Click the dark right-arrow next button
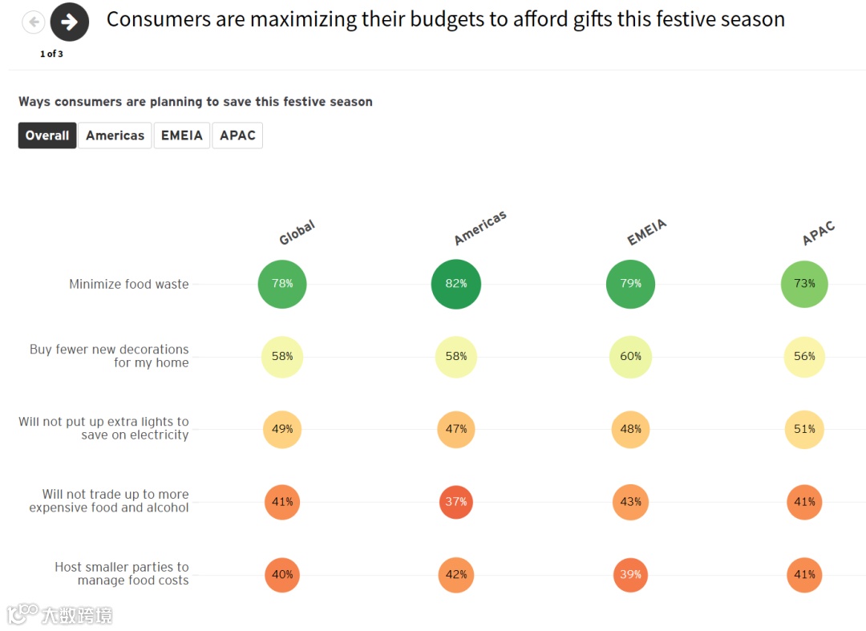coord(70,22)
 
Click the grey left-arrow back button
coord(34,22)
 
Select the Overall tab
coord(47,136)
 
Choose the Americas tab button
coord(115,136)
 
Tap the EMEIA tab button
coord(182,136)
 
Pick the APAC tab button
coord(237,136)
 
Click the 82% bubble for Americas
coord(455,284)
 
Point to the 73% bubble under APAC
coord(804,284)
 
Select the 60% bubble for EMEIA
coord(630,357)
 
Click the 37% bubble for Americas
coord(455,502)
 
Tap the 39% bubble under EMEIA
coord(630,575)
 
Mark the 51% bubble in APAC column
coord(804,429)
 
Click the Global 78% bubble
coord(282,284)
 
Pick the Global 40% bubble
coord(282,575)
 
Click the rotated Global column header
coord(297,233)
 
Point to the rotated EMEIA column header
coord(646,233)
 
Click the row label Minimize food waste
coord(129,284)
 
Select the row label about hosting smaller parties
coord(122,573)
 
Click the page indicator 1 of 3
coord(51,55)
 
